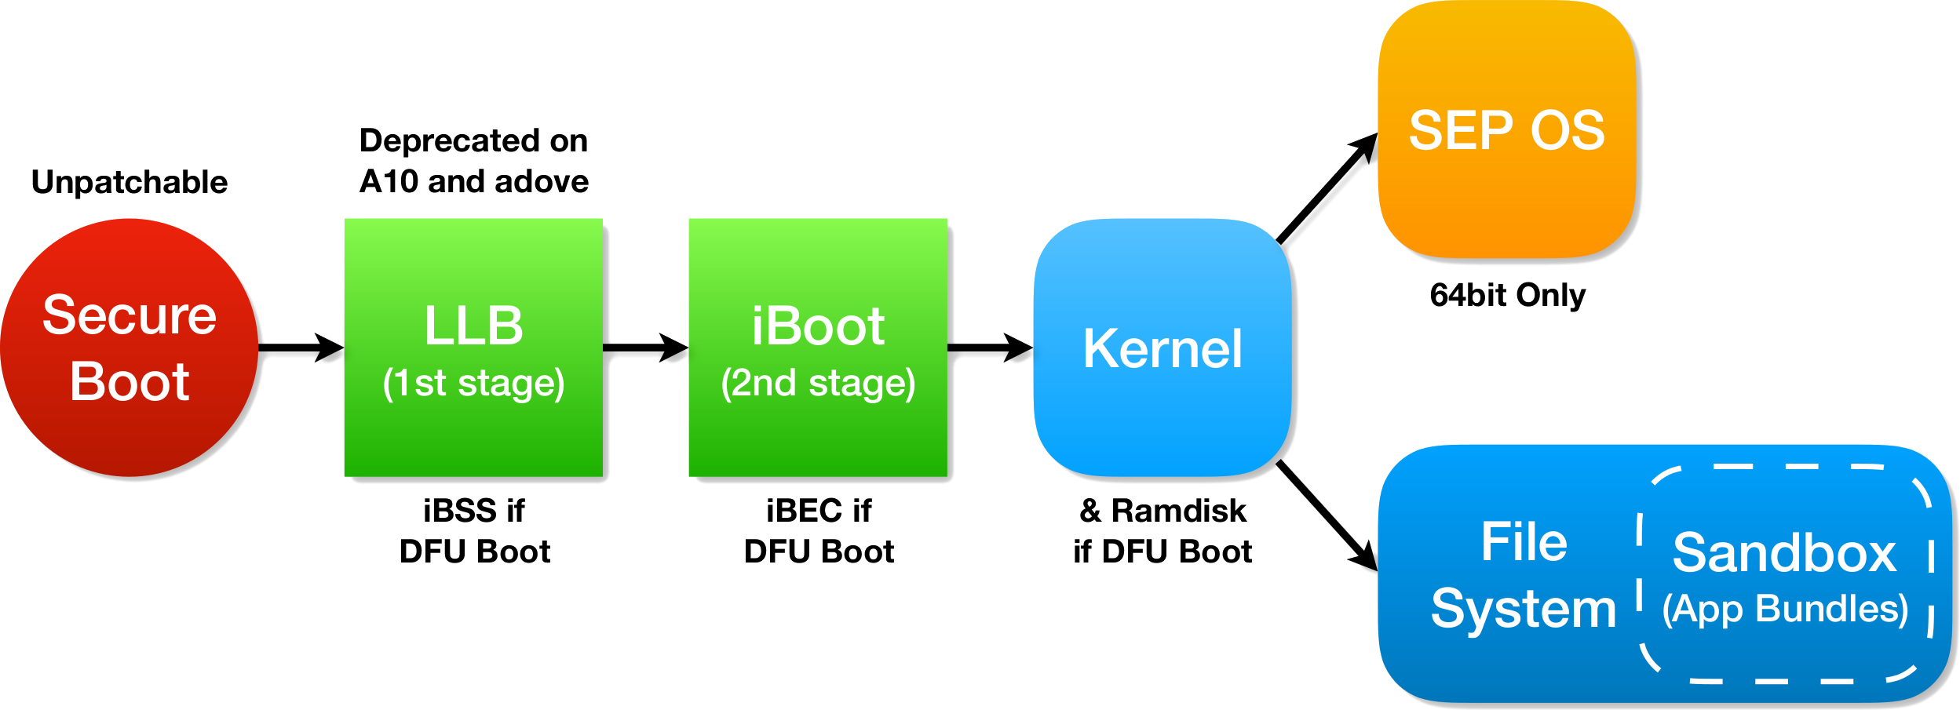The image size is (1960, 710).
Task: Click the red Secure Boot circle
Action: [x=130, y=348]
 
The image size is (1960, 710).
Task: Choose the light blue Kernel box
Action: [x=1162, y=348]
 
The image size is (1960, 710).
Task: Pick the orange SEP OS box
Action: [x=1506, y=129]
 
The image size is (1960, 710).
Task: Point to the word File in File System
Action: [x=1524, y=542]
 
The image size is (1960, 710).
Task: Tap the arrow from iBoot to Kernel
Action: [x=990, y=348]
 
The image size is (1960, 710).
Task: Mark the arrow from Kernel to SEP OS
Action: [x=1327, y=189]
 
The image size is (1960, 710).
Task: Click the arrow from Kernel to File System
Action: [x=1327, y=515]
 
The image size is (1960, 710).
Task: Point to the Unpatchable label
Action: [x=130, y=182]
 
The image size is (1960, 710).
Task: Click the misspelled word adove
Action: [x=541, y=181]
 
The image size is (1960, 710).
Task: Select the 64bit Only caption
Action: [x=1507, y=295]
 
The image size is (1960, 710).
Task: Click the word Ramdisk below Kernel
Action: [x=1178, y=511]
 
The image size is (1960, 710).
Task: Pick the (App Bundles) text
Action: [x=1785, y=610]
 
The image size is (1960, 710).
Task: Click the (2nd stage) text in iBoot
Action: [x=818, y=383]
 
